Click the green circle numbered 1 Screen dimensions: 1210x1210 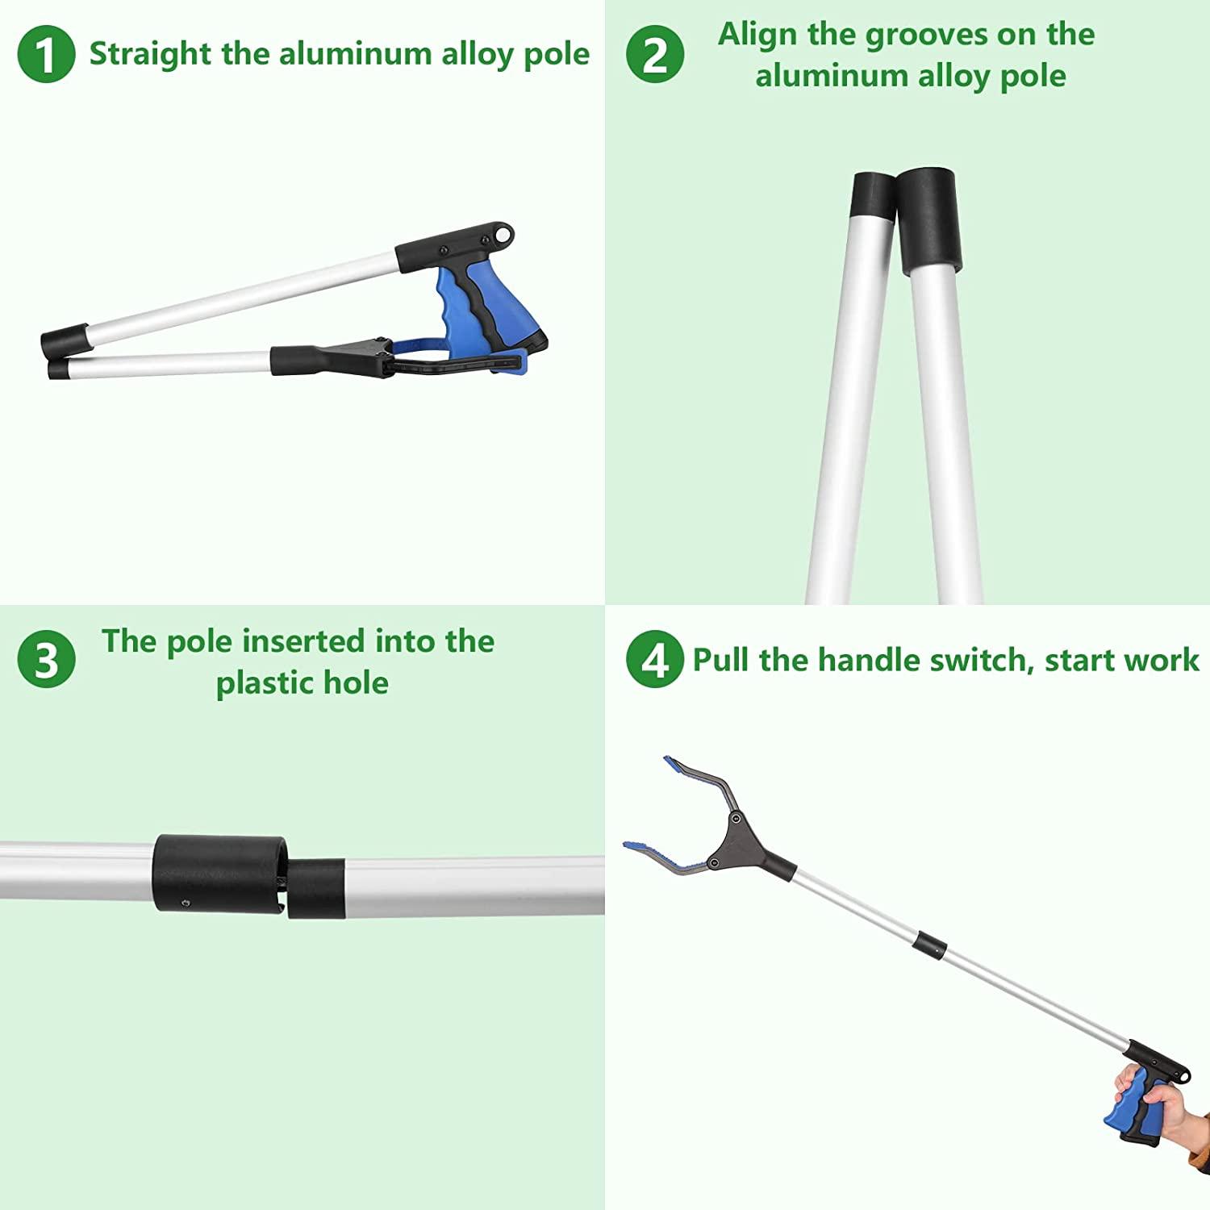46,54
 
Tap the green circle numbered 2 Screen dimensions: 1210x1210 655,54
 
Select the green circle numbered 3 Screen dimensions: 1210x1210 46,659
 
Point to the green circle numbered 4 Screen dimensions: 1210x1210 655,659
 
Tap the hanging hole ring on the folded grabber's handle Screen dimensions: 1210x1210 505,235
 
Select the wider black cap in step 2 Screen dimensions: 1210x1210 929,219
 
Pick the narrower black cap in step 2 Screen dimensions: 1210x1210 873,197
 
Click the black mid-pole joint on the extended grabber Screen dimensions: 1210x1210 930,945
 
